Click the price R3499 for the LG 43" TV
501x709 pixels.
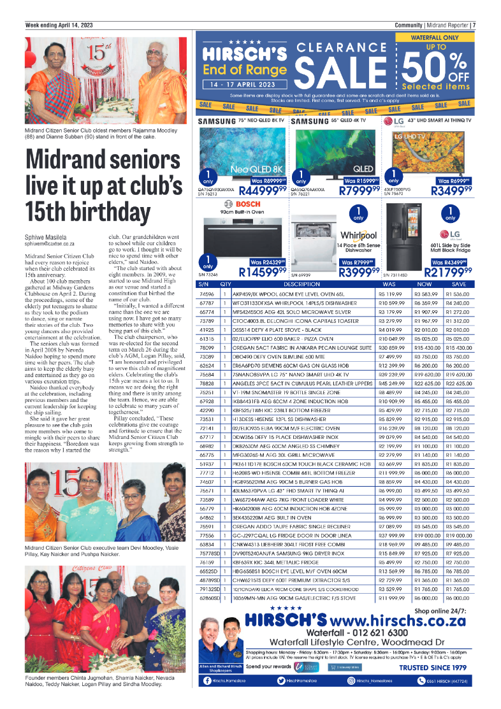[x=451, y=190]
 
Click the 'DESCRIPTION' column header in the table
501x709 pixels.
[x=301, y=283]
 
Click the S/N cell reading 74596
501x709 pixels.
[x=207, y=294]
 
